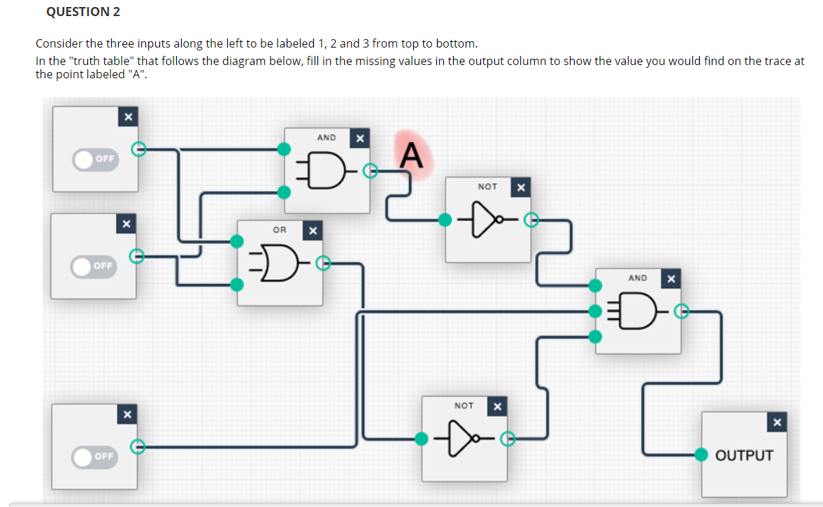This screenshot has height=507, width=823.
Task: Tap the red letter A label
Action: [x=412, y=155]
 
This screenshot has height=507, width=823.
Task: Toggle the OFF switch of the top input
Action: [x=95, y=159]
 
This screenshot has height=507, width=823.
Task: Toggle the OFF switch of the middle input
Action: [x=94, y=266]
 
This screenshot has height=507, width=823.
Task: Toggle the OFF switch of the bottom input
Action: [x=95, y=456]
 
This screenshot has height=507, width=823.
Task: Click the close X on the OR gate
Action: [x=313, y=230]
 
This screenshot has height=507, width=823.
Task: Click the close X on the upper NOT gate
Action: [x=520, y=187]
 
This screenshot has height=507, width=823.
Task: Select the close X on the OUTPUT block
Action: [x=777, y=422]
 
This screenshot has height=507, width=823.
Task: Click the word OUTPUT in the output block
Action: [x=744, y=455]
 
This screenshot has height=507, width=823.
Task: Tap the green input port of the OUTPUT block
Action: [x=701, y=454]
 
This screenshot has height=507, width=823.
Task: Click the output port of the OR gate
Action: [x=322, y=263]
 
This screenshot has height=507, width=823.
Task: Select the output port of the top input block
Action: [x=138, y=148]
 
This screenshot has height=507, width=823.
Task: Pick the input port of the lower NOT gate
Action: [x=422, y=438]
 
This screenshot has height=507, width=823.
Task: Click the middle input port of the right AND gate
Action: [x=595, y=310]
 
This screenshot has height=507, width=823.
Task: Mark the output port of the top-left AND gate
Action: [x=369, y=169]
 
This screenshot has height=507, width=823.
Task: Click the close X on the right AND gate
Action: [x=671, y=280]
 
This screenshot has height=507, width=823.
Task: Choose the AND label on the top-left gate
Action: [x=327, y=138]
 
